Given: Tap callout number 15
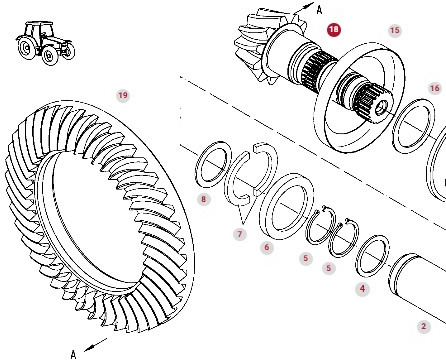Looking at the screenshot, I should tap(394, 31).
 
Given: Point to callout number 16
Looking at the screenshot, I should tap(434, 88).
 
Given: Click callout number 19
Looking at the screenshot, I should tap(122, 95).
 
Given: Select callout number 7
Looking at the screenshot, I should tap(239, 234).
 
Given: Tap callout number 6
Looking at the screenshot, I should tap(266, 247).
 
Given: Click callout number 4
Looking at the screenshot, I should tap(362, 288).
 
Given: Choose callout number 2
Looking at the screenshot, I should tap(423, 326).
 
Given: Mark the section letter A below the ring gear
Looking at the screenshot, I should tap(73, 352).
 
